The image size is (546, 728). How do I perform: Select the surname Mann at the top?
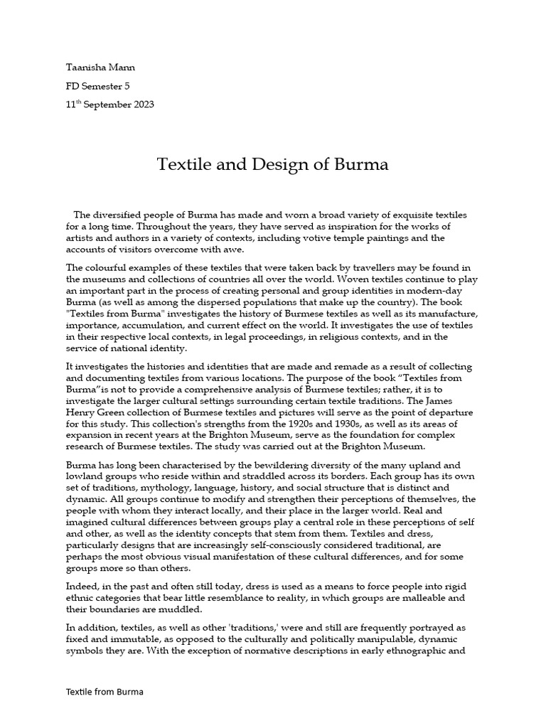(120, 68)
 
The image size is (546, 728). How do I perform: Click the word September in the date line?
(104, 105)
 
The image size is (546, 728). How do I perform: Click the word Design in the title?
(282, 165)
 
